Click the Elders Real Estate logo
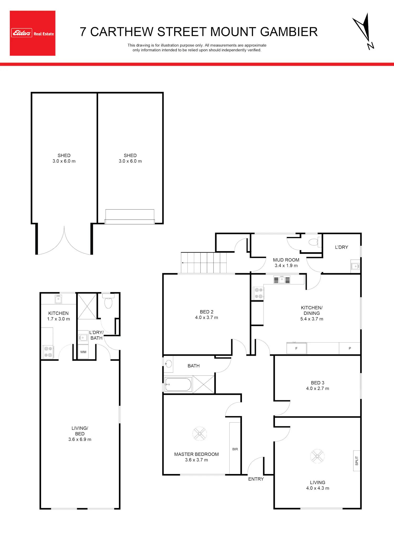[x=33, y=33]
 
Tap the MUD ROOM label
[x=286, y=260]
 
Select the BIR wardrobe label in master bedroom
[x=235, y=449]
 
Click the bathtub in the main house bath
[x=178, y=385]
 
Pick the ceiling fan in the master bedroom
[x=200, y=433]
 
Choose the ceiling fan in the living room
[x=317, y=456]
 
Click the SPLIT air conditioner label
[x=357, y=461]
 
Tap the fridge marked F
[x=297, y=348]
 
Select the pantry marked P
[x=350, y=348]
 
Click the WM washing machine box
[x=83, y=352]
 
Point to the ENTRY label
[x=256, y=479]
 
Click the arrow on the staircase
[x=204, y=262]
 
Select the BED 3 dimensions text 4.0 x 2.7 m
[x=317, y=388]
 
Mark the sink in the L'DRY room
[x=355, y=266]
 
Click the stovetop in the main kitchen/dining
[x=259, y=293]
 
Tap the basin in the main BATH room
[x=168, y=364]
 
